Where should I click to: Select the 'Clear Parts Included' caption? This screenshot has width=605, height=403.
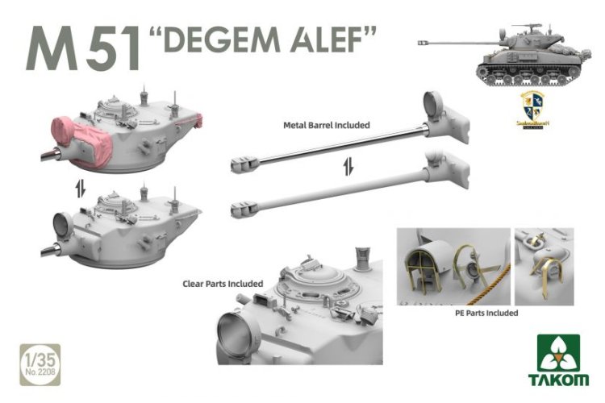click(221, 284)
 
